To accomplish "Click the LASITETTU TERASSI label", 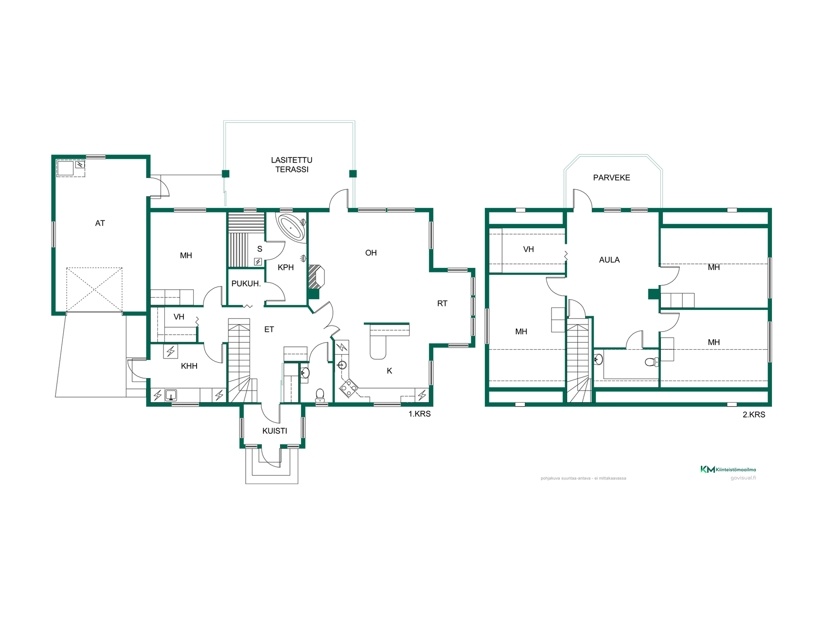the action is pos(292,164).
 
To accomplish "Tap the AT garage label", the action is pos(100,223).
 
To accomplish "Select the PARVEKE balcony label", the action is pos(611,177).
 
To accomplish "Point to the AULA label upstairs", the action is pos(609,260).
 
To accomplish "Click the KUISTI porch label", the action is pos(274,431).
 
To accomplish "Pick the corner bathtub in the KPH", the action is pos(292,226).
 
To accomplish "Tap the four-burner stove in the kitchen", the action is pos(348,387).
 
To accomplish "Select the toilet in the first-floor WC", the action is pos(320,395).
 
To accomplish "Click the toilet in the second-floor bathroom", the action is pos(651,362).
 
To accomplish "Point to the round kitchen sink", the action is pos(342,365).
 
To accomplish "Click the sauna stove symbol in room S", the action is pos(258,261).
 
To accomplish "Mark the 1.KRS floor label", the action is pos(419,414).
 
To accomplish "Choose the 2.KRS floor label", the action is pos(754,415).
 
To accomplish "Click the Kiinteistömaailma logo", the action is pos(728,469).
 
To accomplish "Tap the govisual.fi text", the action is pos(743,478).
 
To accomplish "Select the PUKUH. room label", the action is pos(246,283).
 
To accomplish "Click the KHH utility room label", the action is pos(189,366).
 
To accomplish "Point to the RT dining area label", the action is pos(442,304).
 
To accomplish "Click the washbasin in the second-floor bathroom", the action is pos(598,359).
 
